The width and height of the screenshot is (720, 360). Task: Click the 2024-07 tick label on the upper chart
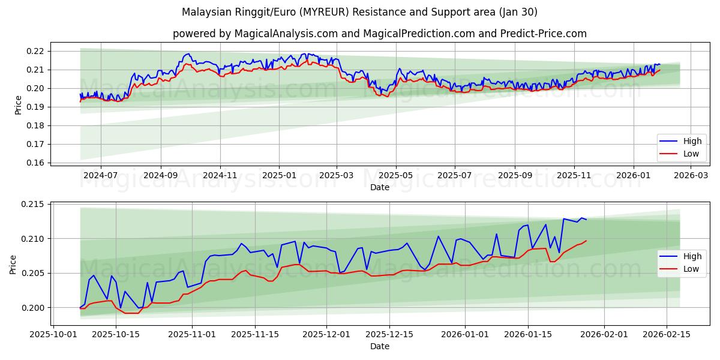point(100,175)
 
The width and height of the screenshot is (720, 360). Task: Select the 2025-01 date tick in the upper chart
point(279,175)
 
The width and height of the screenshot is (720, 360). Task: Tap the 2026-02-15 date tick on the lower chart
point(667,334)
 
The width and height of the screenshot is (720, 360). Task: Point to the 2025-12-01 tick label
point(326,334)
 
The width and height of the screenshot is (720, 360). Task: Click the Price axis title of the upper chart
point(18,104)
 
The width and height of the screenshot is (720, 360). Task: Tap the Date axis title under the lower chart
point(379,346)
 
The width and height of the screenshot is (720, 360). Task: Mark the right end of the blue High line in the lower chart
point(586,220)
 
